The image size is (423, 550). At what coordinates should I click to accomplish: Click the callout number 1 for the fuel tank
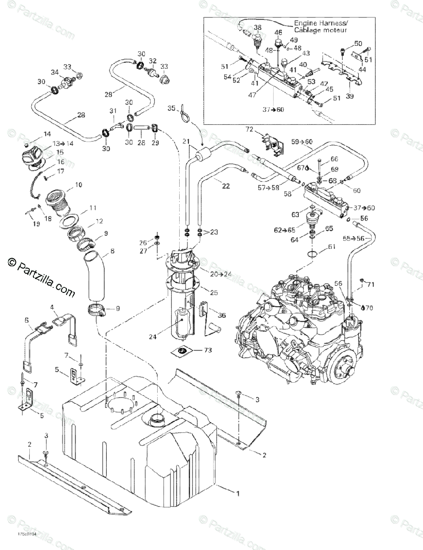[x=237, y=493]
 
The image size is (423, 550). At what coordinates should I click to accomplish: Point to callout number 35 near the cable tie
[x=171, y=108]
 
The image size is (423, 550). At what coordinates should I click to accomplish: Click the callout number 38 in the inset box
[x=257, y=27]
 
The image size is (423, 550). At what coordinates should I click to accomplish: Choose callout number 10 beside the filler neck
[x=78, y=185]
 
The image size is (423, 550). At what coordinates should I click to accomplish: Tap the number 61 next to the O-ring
[x=331, y=247]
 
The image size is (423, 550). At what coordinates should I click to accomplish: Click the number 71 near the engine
[x=370, y=285]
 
